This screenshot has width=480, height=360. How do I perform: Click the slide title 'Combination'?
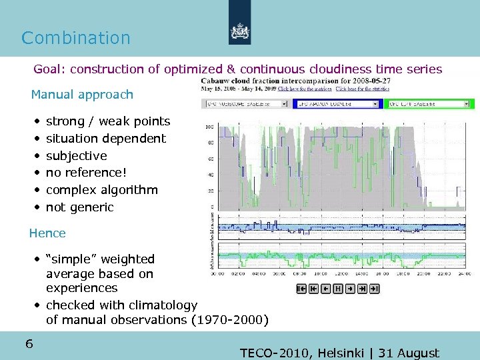(x=76, y=38)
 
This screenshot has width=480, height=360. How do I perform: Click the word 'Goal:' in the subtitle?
(x=50, y=69)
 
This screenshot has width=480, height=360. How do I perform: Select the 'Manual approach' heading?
(x=82, y=95)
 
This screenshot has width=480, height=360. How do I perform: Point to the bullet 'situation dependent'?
(x=105, y=139)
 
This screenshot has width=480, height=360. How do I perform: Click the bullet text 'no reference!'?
(x=86, y=173)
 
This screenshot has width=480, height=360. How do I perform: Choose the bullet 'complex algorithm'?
(x=101, y=190)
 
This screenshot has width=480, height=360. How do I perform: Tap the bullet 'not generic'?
(x=79, y=207)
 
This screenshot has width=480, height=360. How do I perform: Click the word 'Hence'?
(x=47, y=233)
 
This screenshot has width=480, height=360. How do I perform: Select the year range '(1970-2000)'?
(x=230, y=320)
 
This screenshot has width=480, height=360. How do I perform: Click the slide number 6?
(x=29, y=344)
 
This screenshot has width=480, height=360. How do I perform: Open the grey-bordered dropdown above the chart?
(x=246, y=104)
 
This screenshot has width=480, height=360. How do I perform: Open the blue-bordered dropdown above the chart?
(x=338, y=104)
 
